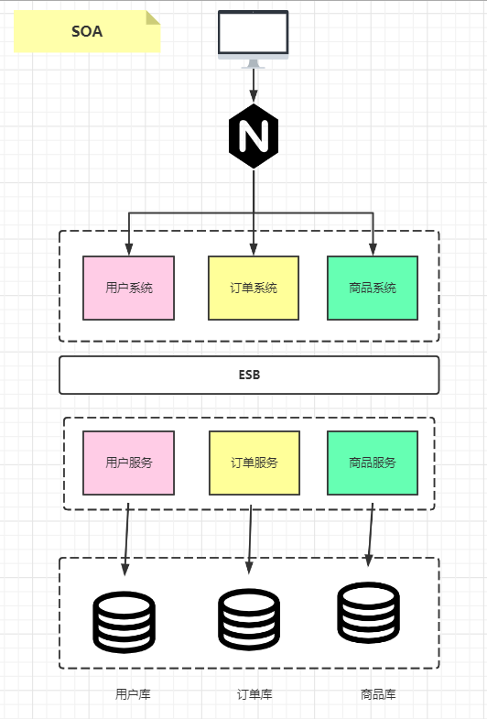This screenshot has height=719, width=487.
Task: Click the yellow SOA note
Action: click(x=87, y=31)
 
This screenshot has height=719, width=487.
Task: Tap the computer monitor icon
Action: click(x=254, y=37)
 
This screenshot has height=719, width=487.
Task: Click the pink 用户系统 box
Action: click(x=128, y=288)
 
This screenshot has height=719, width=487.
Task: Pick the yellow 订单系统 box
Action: click(x=254, y=288)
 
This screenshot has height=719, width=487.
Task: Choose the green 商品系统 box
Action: click(x=373, y=288)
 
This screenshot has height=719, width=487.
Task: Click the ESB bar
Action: click(x=249, y=375)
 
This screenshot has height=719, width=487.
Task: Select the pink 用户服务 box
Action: click(x=128, y=463)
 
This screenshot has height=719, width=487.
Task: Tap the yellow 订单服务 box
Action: click(x=254, y=463)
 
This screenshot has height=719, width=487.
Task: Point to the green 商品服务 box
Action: click(x=373, y=463)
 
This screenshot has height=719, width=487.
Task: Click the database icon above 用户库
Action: click(x=124, y=622)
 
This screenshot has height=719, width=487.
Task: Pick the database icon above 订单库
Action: click(x=249, y=619)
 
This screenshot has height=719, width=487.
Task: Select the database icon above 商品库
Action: click(x=368, y=612)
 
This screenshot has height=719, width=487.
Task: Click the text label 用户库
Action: click(x=133, y=694)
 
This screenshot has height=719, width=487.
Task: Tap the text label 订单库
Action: click(x=254, y=694)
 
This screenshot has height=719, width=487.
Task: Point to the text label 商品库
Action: click(x=378, y=694)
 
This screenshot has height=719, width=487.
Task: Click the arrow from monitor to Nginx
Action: click(x=254, y=84)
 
